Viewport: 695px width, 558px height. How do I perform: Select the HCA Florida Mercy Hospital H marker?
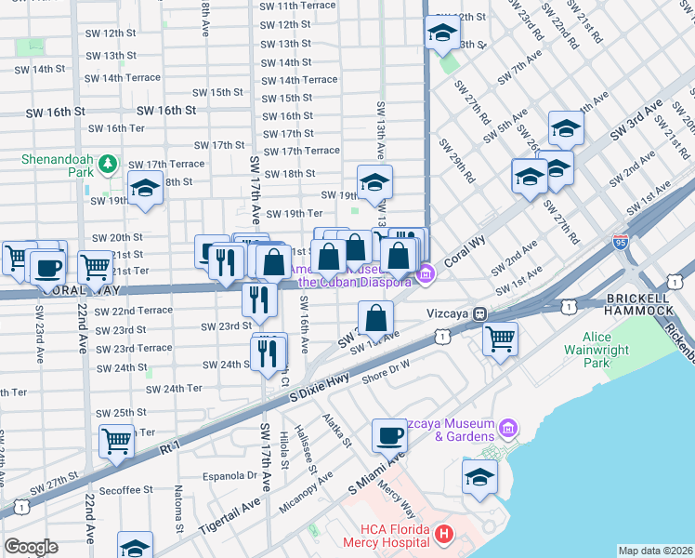[443, 534]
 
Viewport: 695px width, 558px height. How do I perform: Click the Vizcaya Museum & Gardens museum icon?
[507, 428]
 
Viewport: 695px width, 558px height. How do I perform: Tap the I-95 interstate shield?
[621, 239]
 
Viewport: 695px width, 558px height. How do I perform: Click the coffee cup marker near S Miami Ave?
[389, 434]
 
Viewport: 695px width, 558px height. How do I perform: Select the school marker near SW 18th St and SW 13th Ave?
[374, 181]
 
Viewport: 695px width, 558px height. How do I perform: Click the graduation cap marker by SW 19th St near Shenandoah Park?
[146, 189]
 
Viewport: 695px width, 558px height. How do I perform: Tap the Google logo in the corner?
[32, 546]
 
